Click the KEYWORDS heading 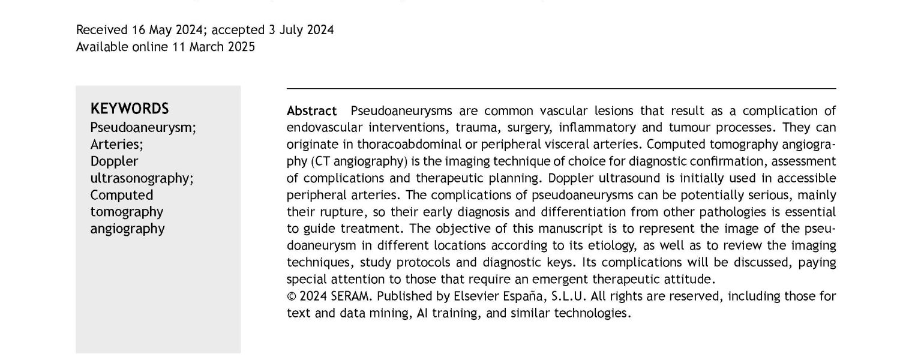click(x=130, y=109)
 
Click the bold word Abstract click(x=311, y=111)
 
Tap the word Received click(x=101, y=30)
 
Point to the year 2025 click(x=241, y=47)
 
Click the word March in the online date click(x=206, y=47)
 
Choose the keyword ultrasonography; click(x=142, y=178)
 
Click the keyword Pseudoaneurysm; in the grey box click(x=143, y=128)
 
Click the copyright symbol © click(x=291, y=296)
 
